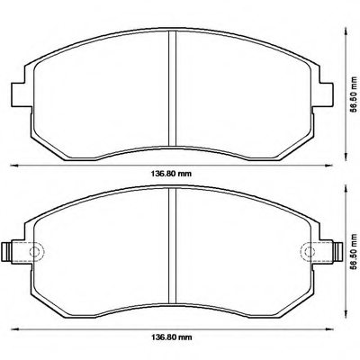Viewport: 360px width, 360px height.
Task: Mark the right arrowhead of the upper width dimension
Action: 330,165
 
